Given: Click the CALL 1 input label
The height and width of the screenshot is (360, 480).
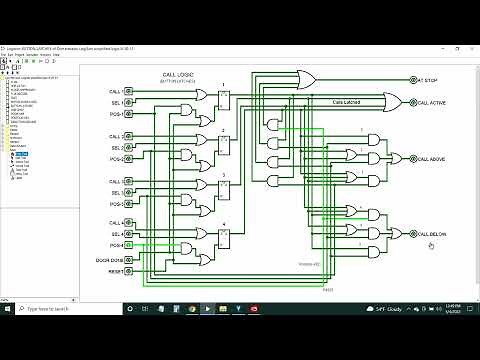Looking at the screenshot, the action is (x=115, y=92).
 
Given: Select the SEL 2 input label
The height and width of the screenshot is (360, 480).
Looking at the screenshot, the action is (x=115, y=148).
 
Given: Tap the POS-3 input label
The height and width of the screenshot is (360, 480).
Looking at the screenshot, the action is (x=116, y=204).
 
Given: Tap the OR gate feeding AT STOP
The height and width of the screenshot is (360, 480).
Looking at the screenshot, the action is (x=307, y=79).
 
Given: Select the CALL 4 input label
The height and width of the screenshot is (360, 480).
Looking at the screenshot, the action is (x=115, y=222).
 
